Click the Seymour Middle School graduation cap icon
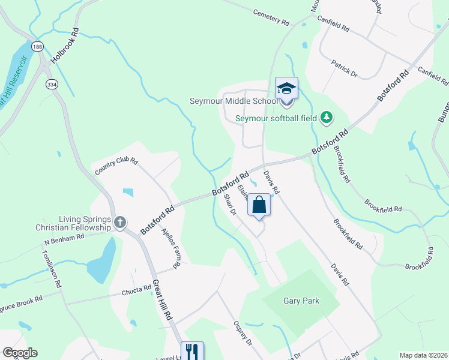pos(286,88)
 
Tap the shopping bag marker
pos(259,205)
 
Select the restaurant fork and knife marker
pos(192,351)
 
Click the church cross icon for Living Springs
pos(119,223)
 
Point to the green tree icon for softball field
pos(327,118)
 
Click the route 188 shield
pos(38,46)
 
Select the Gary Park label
pos(301,301)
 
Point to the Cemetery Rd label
pos(271,17)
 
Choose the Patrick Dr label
pos(345,68)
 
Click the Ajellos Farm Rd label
pos(169,248)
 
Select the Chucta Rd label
pos(139,291)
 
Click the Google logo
pos(20,352)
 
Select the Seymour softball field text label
pos(276,118)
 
